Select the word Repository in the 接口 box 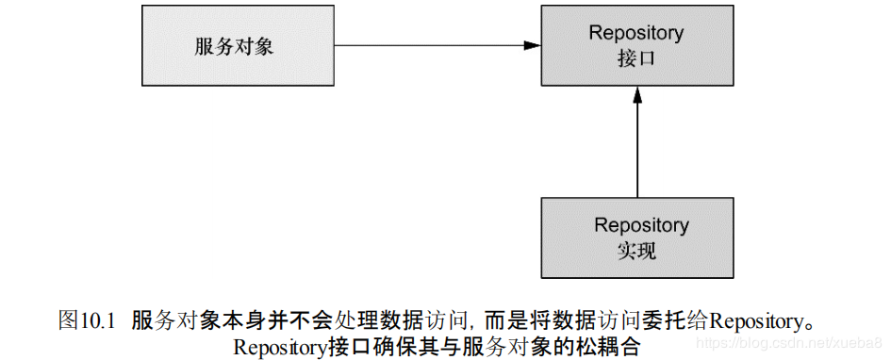636,33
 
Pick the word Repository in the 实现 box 641,225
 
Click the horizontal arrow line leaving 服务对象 424,45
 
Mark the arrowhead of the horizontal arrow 533,45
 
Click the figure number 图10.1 86,319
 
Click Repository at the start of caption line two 280,345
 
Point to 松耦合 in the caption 612,345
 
